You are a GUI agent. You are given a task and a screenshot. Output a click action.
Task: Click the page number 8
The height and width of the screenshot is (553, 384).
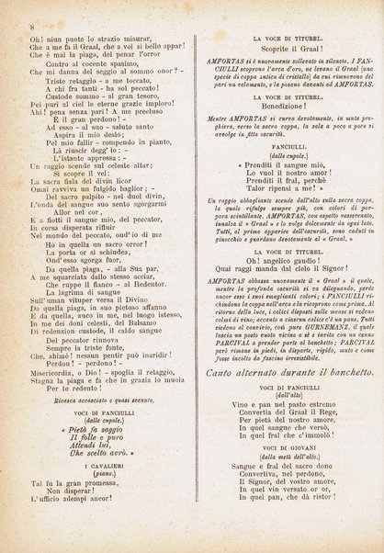click(x=8, y=8)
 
